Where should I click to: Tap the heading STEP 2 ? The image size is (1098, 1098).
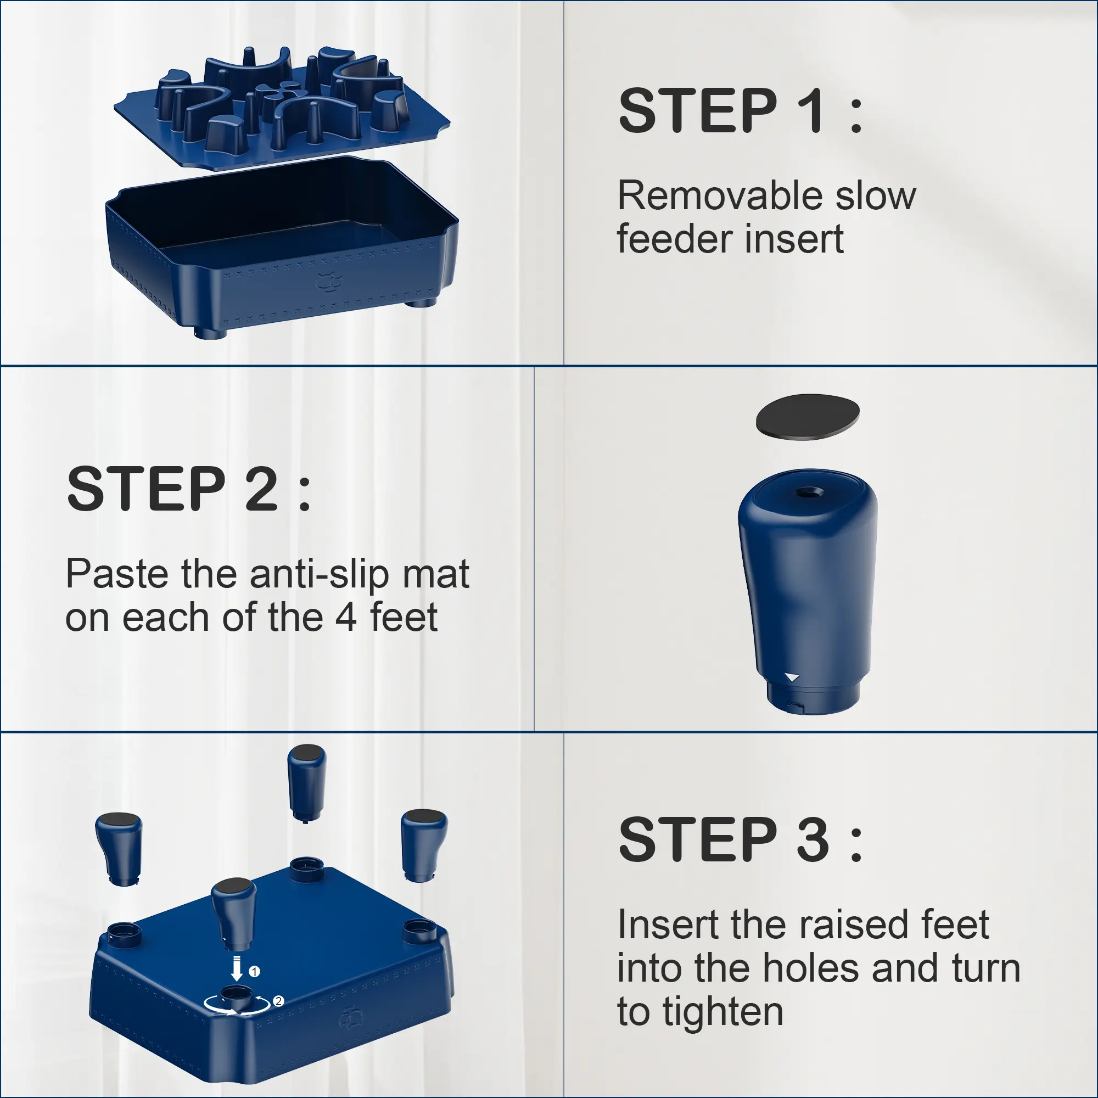click(x=189, y=488)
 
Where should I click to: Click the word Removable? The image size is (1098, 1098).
click(x=720, y=195)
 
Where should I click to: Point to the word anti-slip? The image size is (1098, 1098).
click(x=319, y=574)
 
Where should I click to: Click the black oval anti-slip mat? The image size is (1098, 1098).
click(x=808, y=417)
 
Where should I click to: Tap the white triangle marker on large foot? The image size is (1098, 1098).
click(x=792, y=677)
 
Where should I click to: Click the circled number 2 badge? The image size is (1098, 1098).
click(x=278, y=1001)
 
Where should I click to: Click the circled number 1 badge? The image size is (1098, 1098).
click(x=254, y=971)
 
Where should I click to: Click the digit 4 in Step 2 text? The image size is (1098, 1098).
click(x=346, y=618)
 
